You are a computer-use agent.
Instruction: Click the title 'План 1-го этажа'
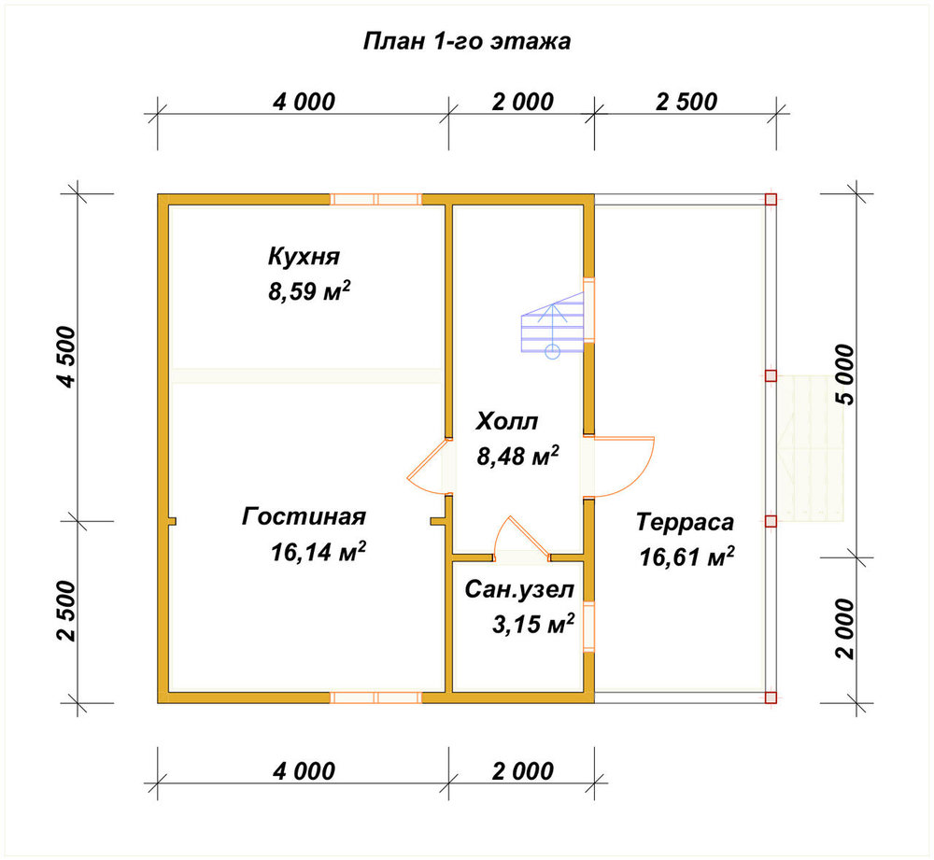[x=466, y=42]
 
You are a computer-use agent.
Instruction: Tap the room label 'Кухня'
[x=304, y=256]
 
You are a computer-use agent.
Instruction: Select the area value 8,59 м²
[x=309, y=291]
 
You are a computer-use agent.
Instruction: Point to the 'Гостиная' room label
[x=304, y=516]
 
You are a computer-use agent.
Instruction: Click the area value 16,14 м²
[x=318, y=552]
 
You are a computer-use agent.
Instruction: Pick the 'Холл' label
[x=507, y=422]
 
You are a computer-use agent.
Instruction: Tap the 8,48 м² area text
[x=517, y=456]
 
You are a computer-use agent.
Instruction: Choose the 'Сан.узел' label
[x=519, y=589]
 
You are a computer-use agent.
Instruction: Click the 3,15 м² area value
[x=533, y=624]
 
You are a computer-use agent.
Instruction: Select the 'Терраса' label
[x=685, y=522]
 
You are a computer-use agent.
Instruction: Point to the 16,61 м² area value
[x=686, y=557]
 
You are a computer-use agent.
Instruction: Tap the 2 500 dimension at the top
[x=686, y=102]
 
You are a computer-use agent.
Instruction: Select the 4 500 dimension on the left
[x=66, y=358]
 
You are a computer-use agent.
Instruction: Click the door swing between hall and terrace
[x=641, y=479]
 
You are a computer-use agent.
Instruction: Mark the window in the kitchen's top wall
[x=375, y=200]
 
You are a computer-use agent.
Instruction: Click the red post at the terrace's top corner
[x=771, y=200]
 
